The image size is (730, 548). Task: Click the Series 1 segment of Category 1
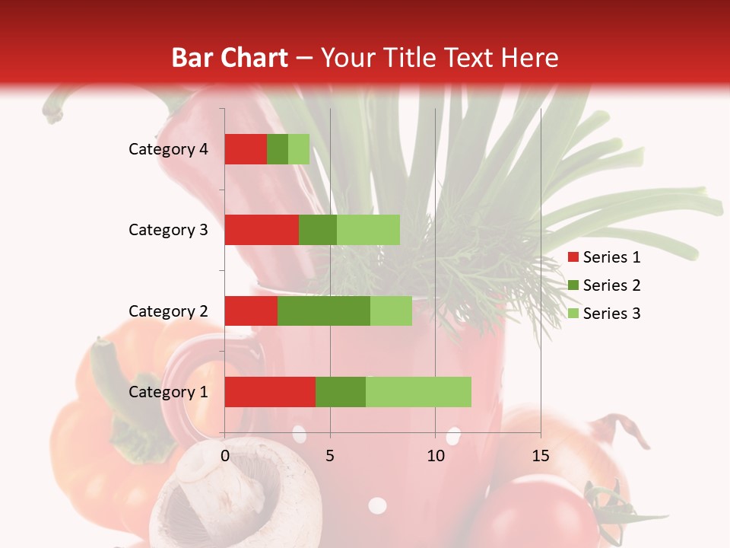pyautogui.click(x=270, y=392)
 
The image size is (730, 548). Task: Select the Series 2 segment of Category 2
pyautogui.click(x=324, y=311)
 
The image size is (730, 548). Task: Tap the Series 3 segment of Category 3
pyautogui.click(x=368, y=230)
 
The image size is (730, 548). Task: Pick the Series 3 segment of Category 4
pyautogui.click(x=299, y=149)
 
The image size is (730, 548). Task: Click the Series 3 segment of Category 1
pyautogui.click(x=418, y=392)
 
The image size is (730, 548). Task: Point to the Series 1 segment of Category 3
pyautogui.click(x=262, y=230)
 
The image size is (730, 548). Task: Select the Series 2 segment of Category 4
pyautogui.click(x=278, y=149)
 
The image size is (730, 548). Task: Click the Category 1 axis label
pyautogui.click(x=168, y=392)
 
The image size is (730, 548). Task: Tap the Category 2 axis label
pyautogui.click(x=168, y=311)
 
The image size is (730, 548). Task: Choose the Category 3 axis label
pyautogui.click(x=168, y=230)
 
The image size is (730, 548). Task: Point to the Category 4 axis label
pyautogui.click(x=168, y=149)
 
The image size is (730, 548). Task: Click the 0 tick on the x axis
pyautogui.click(x=225, y=456)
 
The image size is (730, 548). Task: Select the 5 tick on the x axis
pyautogui.click(x=330, y=456)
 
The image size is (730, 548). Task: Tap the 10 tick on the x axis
pyautogui.click(x=435, y=456)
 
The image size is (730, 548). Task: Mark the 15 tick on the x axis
pyautogui.click(x=540, y=456)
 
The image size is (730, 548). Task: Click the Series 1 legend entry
pyautogui.click(x=604, y=257)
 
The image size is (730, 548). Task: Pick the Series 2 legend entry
pyautogui.click(x=604, y=285)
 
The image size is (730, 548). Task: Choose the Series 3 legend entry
pyautogui.click(x=604, y=314)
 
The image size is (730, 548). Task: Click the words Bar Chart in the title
pyautogui.click(x=230, y=57)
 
